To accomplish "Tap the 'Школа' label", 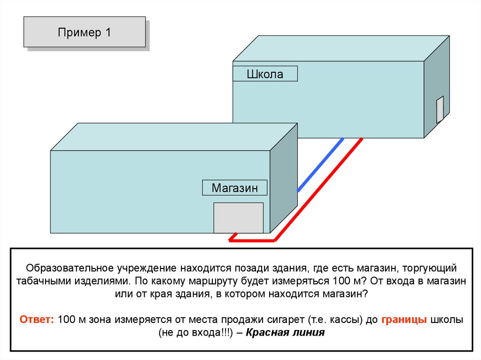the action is [x=265, y=74].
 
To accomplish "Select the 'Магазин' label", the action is [x=234, y=188].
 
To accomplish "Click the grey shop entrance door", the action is [x=238, y=217].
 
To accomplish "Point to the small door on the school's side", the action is [x=440, y=109].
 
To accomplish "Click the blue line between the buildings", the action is [x=320, y=164].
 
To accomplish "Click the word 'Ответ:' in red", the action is [x=38, y=320].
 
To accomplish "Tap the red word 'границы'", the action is [x=404, y=320].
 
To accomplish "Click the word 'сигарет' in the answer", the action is [x=288, y=320].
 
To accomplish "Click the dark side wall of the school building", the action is [x=436, y=84].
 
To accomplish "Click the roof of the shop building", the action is [x=174, y=136].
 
